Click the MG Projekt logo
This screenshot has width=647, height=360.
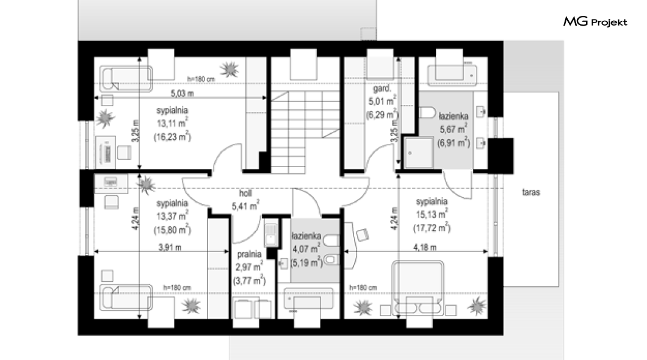(x=595, y=22)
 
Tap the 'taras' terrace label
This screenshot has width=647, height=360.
(x=530, y=192)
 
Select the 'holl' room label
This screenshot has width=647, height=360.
(x=245, y=193)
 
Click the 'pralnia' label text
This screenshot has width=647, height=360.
(x=249, y=254)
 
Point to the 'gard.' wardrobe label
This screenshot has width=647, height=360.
(x=382, y=88)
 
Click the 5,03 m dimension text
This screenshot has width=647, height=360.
(x=182, y=93)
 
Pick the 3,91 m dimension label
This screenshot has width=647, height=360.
(x=170, y=247)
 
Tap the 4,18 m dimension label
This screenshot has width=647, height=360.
(x=425, y=247)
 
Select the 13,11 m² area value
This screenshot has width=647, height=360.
(x=173, y=123)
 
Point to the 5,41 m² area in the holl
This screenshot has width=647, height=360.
(x=245, y=206)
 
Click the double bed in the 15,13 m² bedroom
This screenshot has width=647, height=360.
(x=418, y=287)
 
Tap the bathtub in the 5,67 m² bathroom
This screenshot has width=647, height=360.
(x=452, y=76)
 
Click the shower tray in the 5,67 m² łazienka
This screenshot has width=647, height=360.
(x=418, y=153)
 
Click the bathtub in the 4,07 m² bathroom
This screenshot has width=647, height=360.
(x=309, y=298)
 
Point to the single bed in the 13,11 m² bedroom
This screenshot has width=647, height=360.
(x=127, y=78)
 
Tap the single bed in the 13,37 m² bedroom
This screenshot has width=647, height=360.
(x=127, y=297)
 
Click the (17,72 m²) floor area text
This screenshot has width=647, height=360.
(x=432, y=228)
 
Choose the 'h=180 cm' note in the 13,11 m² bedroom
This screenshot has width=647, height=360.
(x=201, y=79)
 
